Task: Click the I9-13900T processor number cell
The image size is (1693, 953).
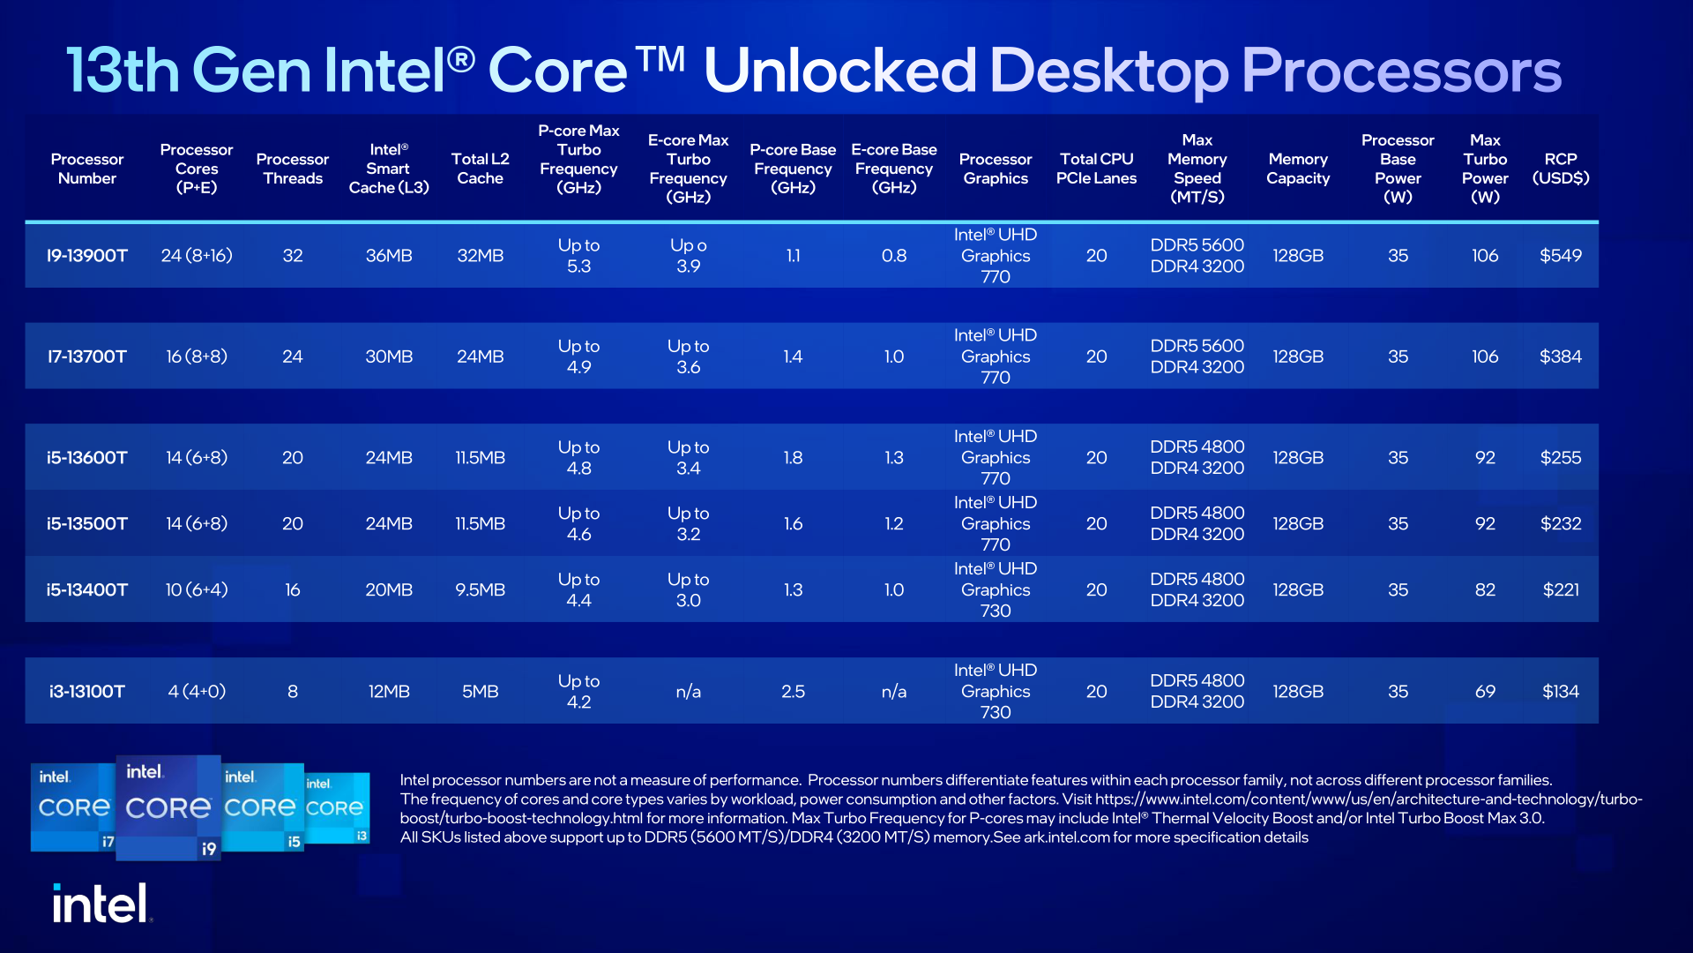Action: [86, 256]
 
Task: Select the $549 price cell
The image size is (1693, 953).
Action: [1560, 256]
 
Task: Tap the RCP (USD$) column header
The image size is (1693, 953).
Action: [1560, 169]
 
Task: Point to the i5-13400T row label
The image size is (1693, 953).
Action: [86, 589]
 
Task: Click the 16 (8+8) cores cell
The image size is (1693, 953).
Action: [197, 356]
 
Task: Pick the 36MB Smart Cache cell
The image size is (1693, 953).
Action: [389, 256]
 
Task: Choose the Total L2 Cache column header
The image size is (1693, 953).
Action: [480, 169]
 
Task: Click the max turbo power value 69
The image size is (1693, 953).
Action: [1485, 691]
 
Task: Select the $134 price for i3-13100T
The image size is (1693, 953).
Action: [1560, 691]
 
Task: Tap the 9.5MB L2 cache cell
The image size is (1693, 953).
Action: [480, 589]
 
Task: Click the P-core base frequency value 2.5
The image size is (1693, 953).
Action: [793, 691]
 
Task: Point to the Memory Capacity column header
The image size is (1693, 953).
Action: [1298, 169]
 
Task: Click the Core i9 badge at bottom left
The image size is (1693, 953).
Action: [168, 807]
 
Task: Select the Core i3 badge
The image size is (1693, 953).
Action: [337, 808]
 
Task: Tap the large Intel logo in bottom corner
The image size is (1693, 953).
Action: [101, 903]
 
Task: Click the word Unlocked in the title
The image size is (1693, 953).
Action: [839, 71]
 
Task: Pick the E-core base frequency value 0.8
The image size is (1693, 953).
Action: [893, 256]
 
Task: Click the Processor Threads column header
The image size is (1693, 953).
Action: [292, 169]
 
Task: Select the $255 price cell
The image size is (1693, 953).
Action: [1560, 457]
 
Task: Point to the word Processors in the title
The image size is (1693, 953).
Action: [1401, 71]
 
